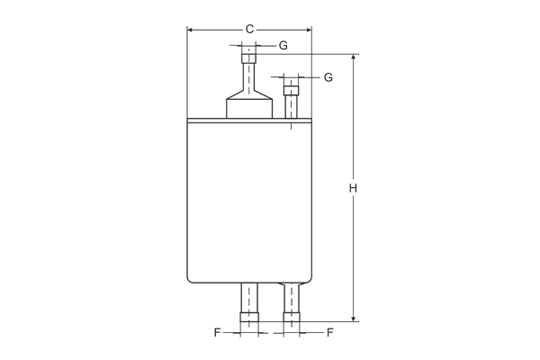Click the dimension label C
point(249,30)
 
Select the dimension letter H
point(354,188)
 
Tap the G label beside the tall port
point(283,45)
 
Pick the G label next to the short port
point(328,77)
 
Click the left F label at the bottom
point(217,332)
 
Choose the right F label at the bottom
point(330,332)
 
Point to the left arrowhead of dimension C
point(191,30)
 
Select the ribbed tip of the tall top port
point(248,59)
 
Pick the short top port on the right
point(292,99)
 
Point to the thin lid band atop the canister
point(249,121)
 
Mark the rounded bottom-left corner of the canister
point(191,277)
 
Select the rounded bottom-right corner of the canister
point(308,277)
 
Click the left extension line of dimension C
point(187,72)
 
